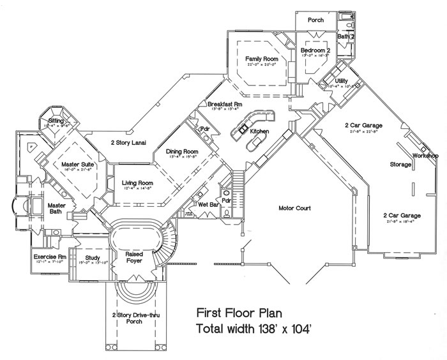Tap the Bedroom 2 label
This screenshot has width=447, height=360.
click(x=315, y=50)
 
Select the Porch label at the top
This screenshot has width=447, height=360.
click(x=315, y=20)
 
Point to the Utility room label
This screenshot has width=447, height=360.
click(x=341, y=81)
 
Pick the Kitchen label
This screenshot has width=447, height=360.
click(x=260, y=131)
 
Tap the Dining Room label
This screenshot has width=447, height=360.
click(x=182, y=152)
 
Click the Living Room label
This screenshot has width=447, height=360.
click(x=137, y=183)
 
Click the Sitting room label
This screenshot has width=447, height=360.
click(x=56, y=120)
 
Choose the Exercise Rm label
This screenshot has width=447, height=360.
click(x=46, y=257)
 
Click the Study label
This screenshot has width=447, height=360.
click(x=92, y=258)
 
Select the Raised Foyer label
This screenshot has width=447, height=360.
click(x=133, y=257)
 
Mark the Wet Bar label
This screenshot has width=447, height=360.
click(x=208, y=205)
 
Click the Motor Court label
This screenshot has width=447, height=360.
click(x=294, y=208)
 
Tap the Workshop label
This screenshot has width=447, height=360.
click(x=425, y=156)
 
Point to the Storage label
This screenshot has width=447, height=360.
click(x=400, y=164)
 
